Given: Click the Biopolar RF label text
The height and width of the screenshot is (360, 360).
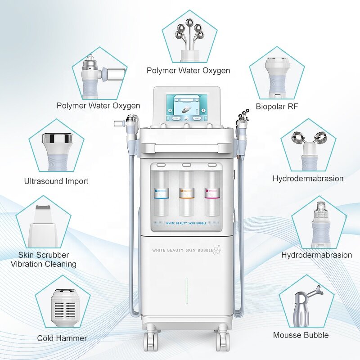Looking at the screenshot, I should pos(277,107).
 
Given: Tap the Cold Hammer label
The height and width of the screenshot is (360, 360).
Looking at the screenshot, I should pos(62,338).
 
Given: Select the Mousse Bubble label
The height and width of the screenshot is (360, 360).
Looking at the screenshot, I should pos(301,335).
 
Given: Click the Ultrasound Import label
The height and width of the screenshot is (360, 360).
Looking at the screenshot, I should pos(56,181).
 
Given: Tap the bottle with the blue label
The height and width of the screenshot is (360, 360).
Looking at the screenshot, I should pos(161,193).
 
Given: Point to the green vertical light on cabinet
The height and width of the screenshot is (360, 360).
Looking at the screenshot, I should pos(186,290).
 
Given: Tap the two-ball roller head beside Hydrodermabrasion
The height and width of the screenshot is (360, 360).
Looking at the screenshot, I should pos(309,139).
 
